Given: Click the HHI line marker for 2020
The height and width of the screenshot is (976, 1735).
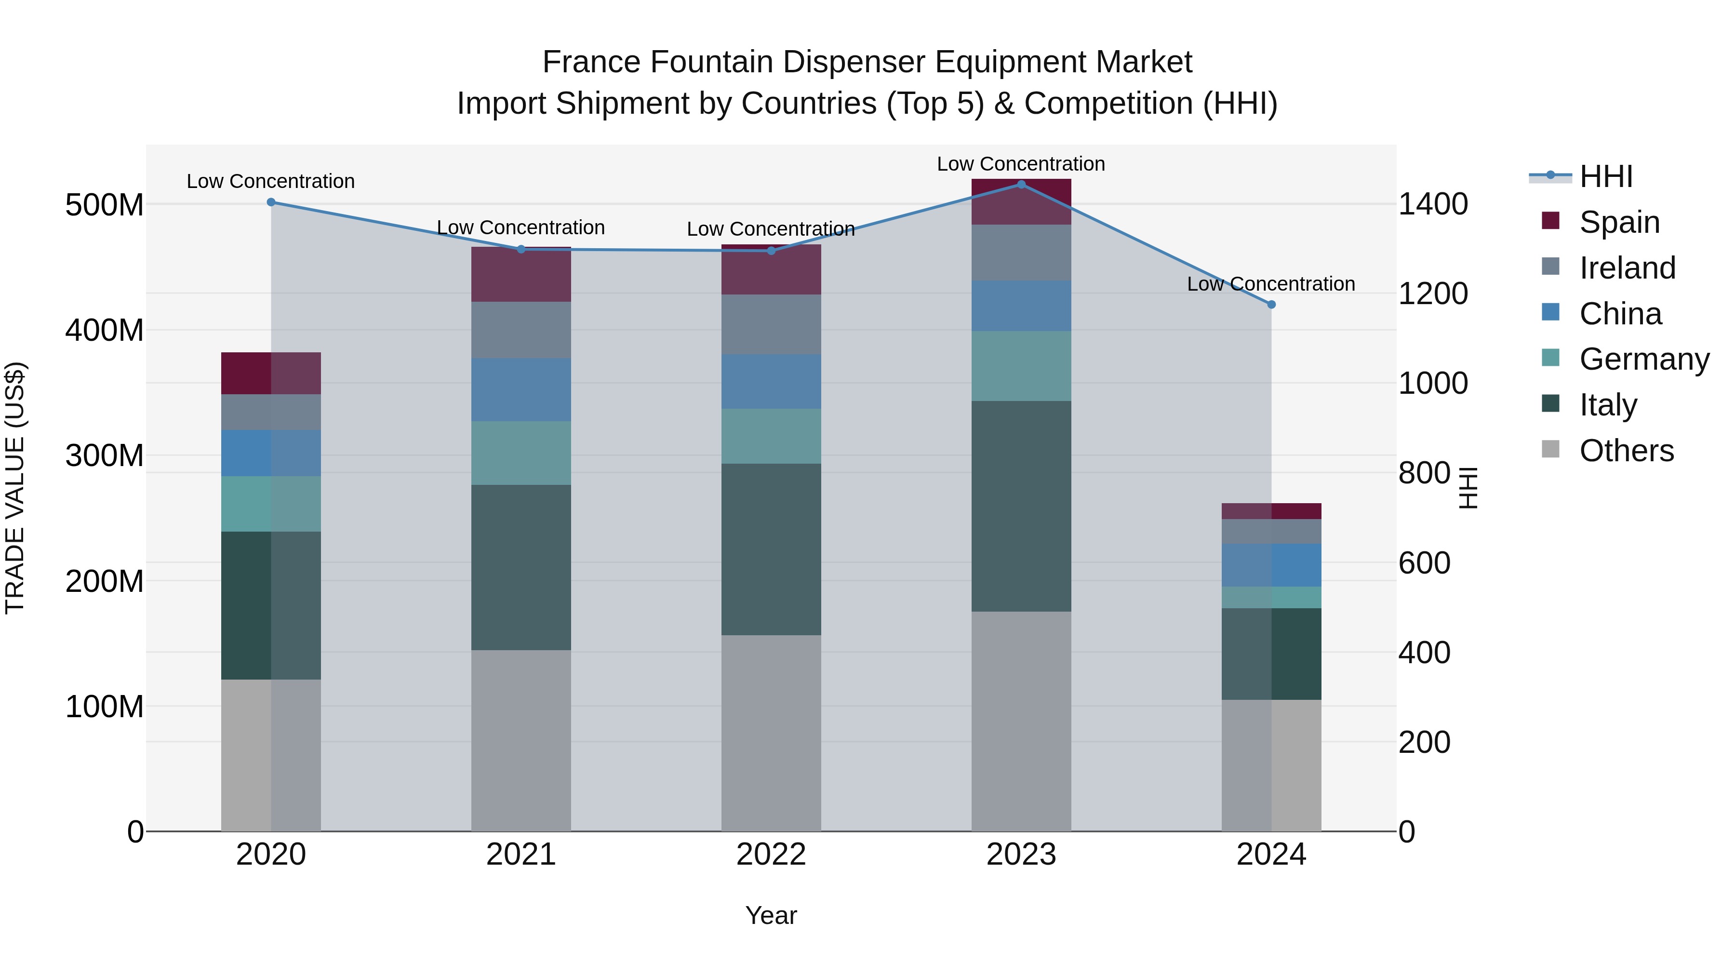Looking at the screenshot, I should point(271,202).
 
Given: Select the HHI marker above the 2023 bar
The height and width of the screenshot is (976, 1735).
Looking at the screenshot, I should point(1021,185).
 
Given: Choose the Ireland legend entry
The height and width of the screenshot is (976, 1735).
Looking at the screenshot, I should point(1627,268).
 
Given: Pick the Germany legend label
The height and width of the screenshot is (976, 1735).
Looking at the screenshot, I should point(1644,359).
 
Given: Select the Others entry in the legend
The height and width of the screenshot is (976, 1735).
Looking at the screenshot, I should point(1626,451).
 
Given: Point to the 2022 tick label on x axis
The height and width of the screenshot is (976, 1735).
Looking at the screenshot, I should point(771,855).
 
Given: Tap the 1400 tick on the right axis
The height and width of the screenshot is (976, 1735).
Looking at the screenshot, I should point(1433,204).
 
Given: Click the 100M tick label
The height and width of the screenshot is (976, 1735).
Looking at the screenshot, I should point(105,707).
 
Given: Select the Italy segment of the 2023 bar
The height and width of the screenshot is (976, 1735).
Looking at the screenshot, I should point(1021,506).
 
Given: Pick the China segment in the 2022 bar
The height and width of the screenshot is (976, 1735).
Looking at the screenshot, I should point(771,381).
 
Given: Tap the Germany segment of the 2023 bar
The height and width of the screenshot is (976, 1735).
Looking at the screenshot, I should point(1021,366).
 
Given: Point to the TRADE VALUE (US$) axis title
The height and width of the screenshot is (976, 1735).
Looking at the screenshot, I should point(15,488).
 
